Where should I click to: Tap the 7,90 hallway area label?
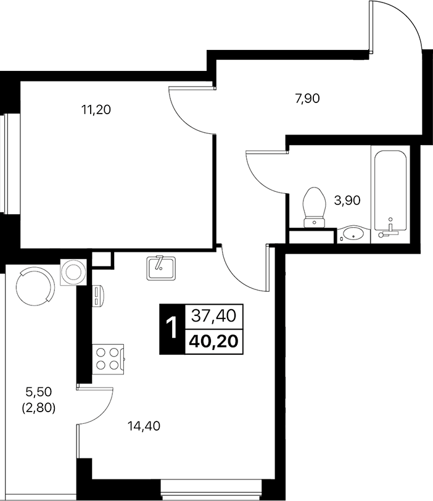307,97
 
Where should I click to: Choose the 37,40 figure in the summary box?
213,317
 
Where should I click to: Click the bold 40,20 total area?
213,341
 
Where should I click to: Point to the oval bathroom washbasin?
353,234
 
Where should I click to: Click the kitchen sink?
160,267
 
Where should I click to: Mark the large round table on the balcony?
33,285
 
